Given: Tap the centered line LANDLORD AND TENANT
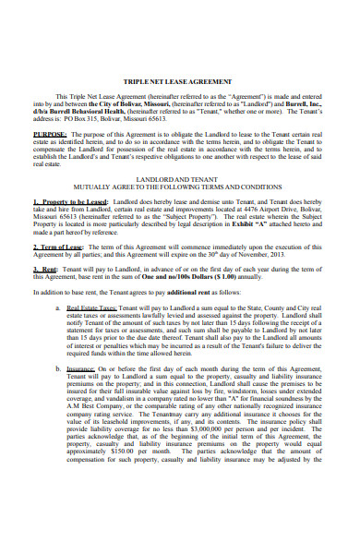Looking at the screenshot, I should click(x=180, y=181).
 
